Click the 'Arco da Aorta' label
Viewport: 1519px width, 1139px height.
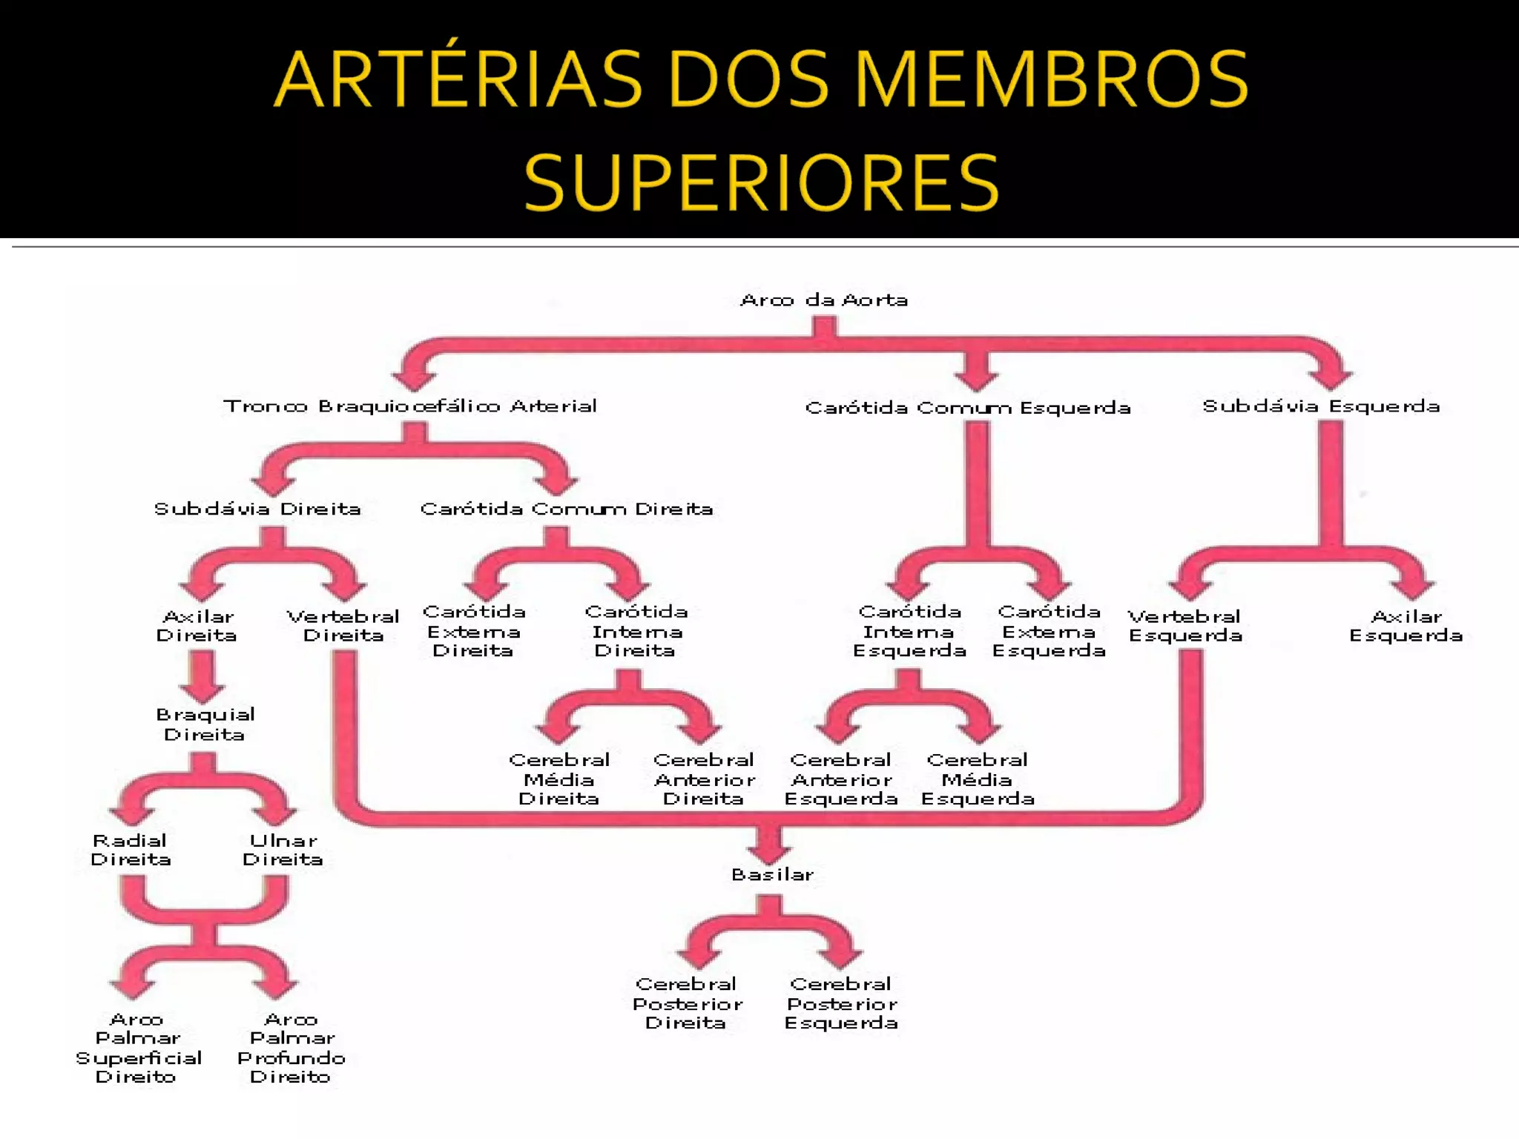pos(824,300)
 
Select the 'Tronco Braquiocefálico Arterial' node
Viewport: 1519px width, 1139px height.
pos(410,406)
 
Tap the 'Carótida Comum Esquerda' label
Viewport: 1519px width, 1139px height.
pos(968,408)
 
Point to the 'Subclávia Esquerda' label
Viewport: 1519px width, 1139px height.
pos(1321,406)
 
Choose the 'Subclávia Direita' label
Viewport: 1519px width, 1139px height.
pos(257,509)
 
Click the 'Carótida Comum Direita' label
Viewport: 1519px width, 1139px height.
pos(567,509)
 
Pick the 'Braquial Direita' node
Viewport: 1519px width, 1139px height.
pos(205,724)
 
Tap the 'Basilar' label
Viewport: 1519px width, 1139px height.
pos(772,875)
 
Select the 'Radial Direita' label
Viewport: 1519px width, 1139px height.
pos(131,850)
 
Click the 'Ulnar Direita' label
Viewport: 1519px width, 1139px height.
pos(283,850)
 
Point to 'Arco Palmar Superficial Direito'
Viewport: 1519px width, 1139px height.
pos(138,1048)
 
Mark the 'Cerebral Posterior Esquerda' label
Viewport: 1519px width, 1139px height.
pos(841,1003)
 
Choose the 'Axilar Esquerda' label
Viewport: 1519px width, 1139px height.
pos(1406,626)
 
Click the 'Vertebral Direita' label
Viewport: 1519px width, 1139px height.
pos(343,626)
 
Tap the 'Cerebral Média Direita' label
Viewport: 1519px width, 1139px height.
pos(559,779)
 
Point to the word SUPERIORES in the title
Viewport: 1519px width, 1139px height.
pos(761,182)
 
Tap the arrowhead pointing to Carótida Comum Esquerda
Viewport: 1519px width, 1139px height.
pos(976,377)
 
